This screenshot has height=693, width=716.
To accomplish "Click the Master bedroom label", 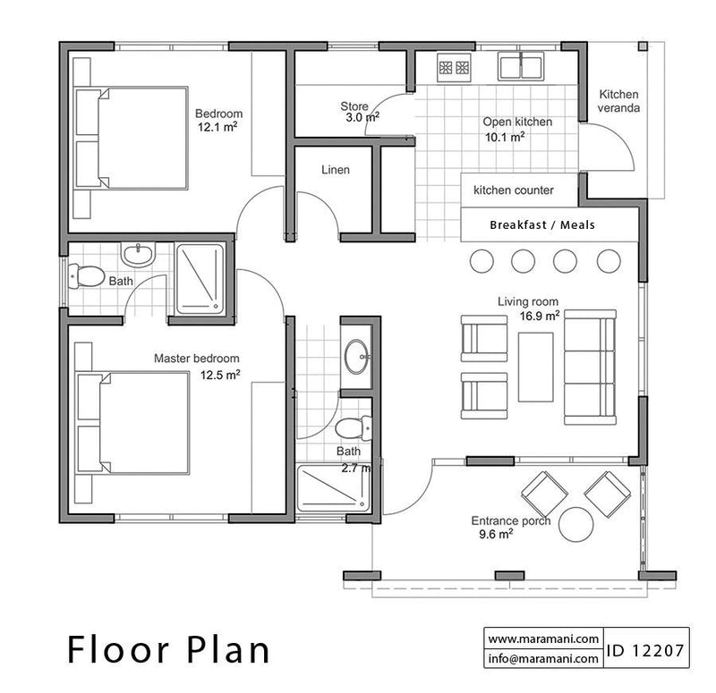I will [x=196, y=359].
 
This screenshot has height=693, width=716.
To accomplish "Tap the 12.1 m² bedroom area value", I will [x=218, y=128].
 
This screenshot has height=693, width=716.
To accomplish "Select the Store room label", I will [x=354, y=106].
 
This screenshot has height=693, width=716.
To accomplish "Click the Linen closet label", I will [x=336, y=170].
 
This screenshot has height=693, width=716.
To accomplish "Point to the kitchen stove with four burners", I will [x=455, y=66].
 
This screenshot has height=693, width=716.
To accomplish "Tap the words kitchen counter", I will [x=513, y=190].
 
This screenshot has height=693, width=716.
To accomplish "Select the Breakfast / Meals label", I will [x=541, y=225].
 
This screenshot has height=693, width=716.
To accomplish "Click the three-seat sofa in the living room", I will [x=590, y=368].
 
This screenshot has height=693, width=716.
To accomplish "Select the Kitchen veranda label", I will [x=619, y=102].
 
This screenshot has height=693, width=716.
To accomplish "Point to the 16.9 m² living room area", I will [x=541, y=315].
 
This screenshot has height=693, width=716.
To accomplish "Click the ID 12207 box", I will [x=646, y=649].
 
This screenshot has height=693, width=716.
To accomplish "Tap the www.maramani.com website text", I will [x=543, y=638].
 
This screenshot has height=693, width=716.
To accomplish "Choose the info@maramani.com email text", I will [x=543, y=658].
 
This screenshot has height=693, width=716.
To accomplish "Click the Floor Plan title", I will [x=168, y=649].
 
